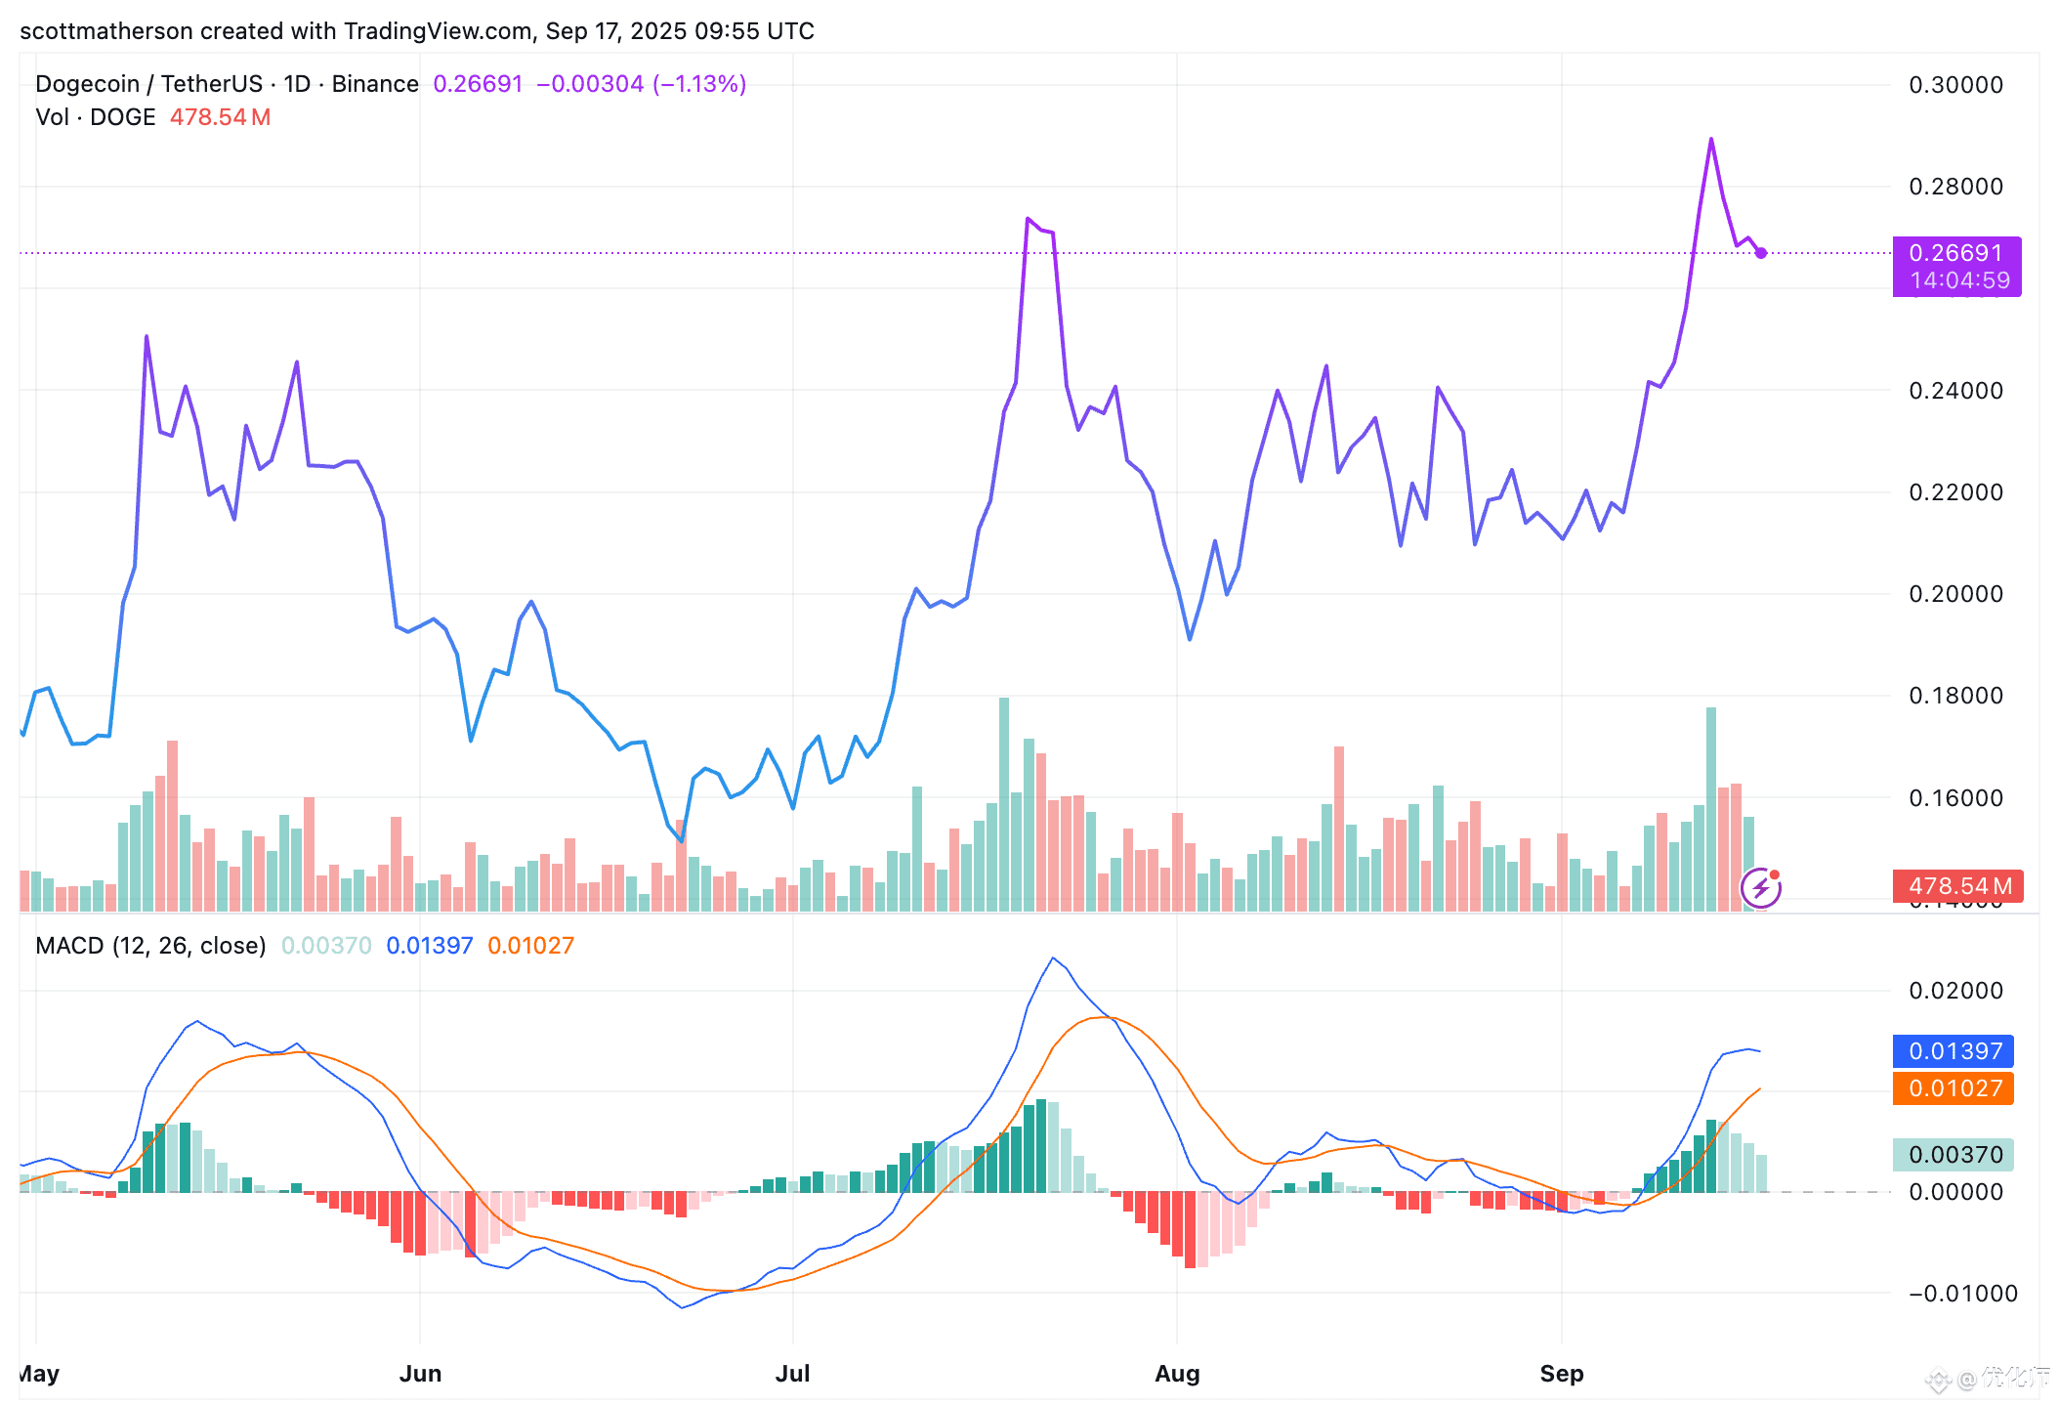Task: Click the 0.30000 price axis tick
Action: tap(1955, 85)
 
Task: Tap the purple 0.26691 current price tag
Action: tap(1955, 254)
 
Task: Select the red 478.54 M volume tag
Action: tap(1957, 886)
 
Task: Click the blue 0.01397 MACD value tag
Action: tap(1954, 1051)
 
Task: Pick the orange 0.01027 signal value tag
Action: tap(1954, 1088)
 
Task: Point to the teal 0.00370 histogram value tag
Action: tap(1954, 1155)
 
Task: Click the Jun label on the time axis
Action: tap(420, 1374)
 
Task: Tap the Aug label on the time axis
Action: tap(1177, 1374)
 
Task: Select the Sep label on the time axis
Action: tap(1561, 1374)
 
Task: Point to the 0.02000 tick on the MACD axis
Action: tap(1955, 991)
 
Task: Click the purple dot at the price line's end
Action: tap(1760, 253)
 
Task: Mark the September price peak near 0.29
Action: tap(1711, 140)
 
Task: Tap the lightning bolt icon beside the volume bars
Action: tap(1760, 888)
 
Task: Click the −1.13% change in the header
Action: tap(699, 84)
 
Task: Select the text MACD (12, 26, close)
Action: tap(150, 946)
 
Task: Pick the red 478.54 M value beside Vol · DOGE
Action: tap(220, 117)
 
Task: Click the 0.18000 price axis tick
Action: tap(1955, 696)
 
